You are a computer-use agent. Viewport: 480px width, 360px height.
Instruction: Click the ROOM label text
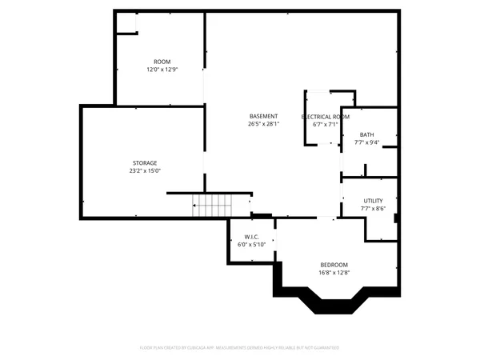tap(162, 62)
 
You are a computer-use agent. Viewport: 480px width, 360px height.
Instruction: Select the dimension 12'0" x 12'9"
tap(162, 70)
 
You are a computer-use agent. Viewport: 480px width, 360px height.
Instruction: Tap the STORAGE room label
tap(145, 162)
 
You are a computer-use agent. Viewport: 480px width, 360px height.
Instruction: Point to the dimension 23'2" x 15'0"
tap(145, 170)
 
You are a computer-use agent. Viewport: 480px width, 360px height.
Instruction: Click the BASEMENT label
tap(263, 116)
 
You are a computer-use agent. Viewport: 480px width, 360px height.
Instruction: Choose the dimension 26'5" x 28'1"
tap(263, 124)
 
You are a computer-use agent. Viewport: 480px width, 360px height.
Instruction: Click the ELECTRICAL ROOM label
tap(325, 117)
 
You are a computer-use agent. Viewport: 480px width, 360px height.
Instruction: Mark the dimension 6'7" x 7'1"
tap(325, 125)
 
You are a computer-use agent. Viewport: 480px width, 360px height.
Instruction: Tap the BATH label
tap(366, 134)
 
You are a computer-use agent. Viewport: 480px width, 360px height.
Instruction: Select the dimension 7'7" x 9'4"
tap(366, 142)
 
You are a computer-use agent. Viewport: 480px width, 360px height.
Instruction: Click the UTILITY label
tap(373, 201)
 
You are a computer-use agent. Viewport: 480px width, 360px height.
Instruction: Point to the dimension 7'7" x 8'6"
tap(373, 209)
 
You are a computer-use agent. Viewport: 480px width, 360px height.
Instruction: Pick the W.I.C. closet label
tap(252, 237)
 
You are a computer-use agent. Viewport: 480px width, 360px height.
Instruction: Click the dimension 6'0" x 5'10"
tap(252, 245)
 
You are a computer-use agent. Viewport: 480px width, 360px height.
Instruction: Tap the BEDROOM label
tap(334, 265)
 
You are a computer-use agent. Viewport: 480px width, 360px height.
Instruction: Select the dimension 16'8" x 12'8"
tap(334, 273)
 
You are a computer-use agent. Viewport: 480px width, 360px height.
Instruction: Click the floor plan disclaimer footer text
tap(240, 348)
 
